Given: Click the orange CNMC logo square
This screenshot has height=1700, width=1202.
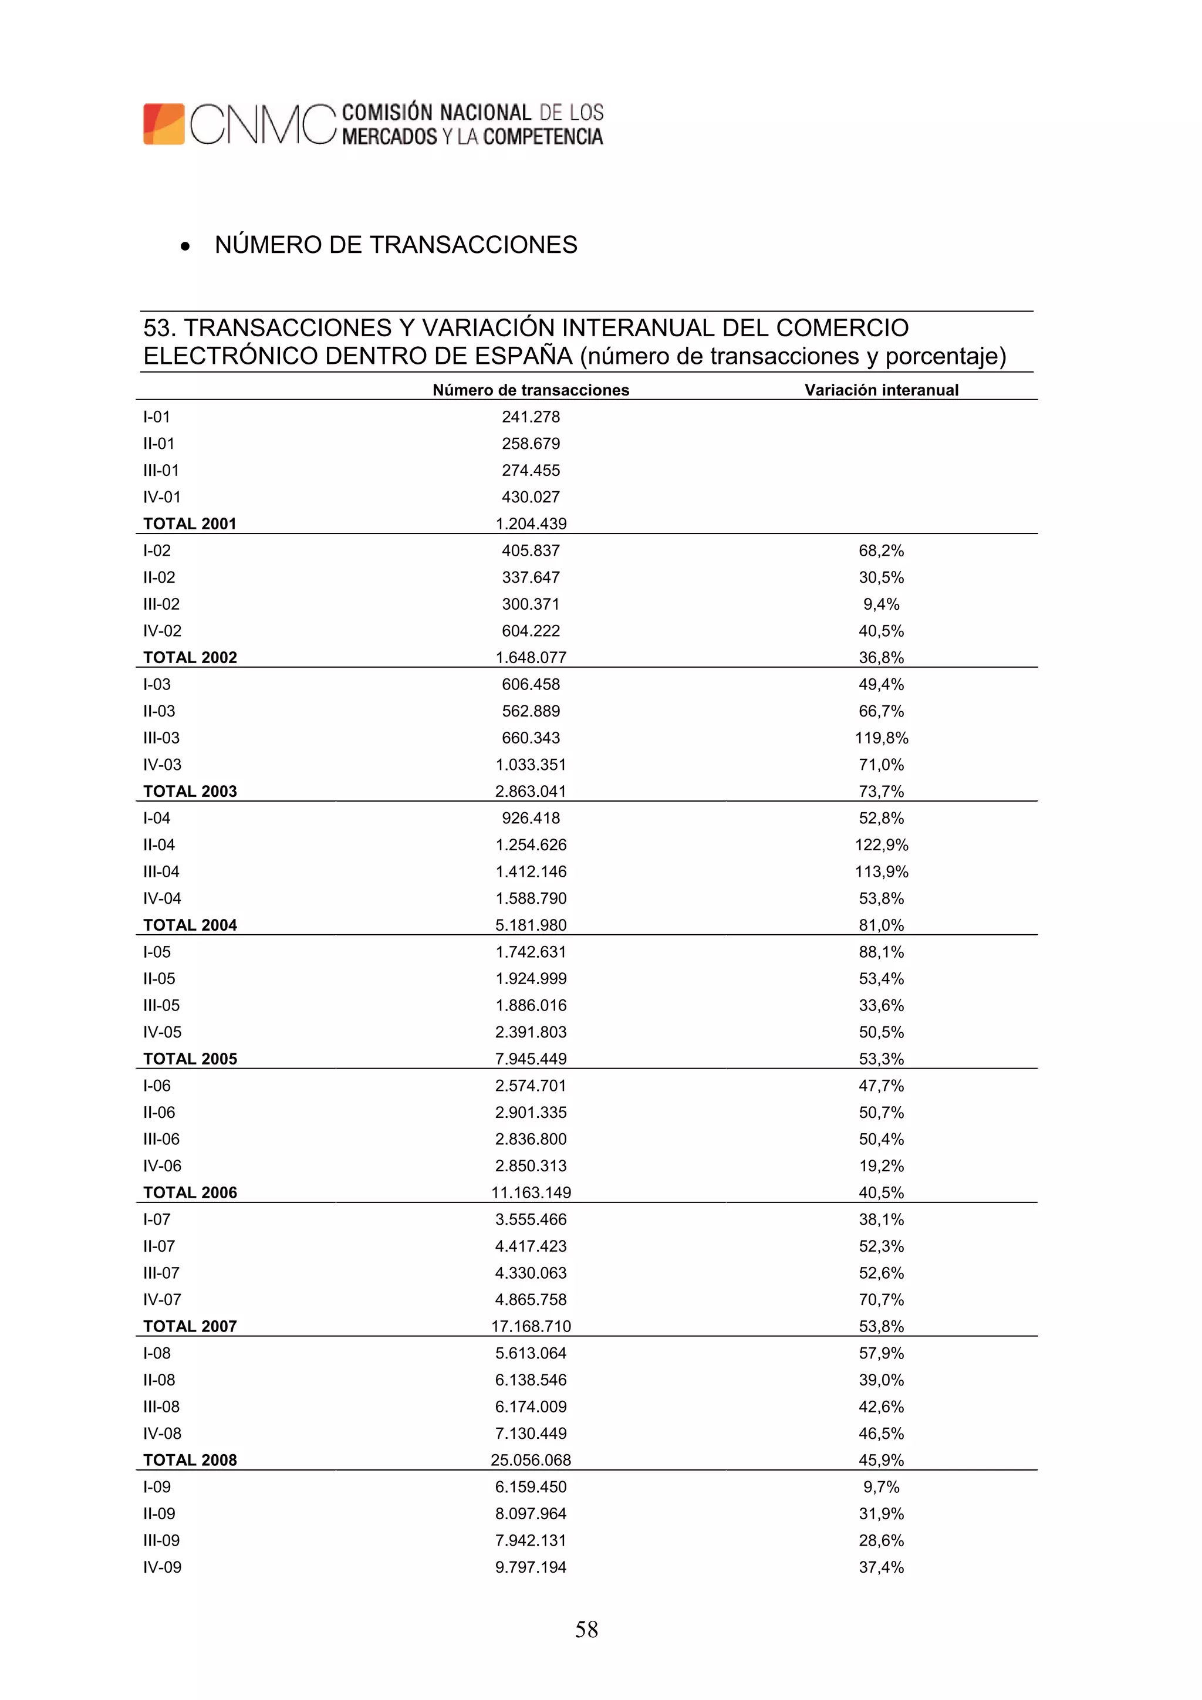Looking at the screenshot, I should tap(164, 124).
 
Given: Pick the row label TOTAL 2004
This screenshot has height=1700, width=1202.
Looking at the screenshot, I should tap(190, 925).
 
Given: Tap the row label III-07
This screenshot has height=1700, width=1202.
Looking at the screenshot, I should tap(161, 1272).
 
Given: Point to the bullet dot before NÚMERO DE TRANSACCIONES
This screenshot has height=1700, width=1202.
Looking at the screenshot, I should tap(185, 246).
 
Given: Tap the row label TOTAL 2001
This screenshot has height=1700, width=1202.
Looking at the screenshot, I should tap(190, 523).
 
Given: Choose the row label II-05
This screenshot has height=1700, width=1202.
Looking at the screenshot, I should tap(159, 978).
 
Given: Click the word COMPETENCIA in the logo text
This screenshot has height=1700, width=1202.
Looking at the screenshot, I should tap(543, 137).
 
